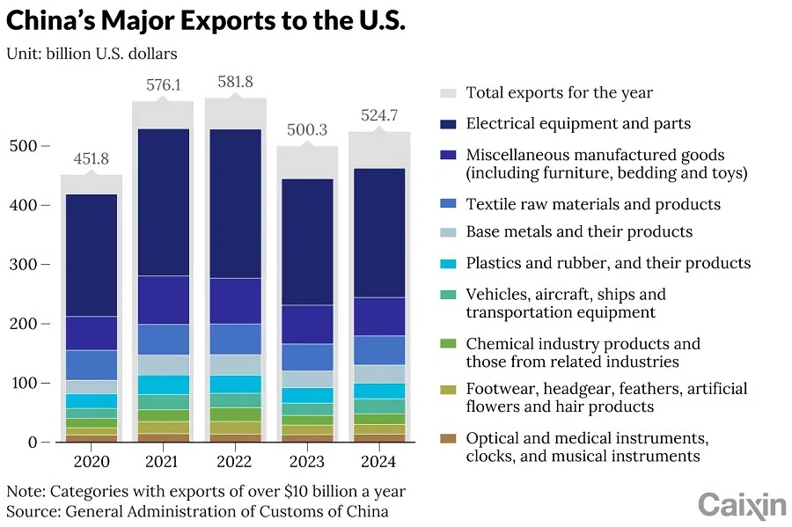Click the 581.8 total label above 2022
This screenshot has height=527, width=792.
[236, 82]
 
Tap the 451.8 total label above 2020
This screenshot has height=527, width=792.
[91, 158]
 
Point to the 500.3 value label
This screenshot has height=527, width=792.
[307, 130]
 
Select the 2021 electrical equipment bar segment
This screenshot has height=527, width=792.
[163, 202]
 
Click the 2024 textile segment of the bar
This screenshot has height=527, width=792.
[379, 350]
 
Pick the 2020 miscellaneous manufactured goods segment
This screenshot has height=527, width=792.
[91, 333]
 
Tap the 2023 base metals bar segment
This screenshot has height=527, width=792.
[307, 379]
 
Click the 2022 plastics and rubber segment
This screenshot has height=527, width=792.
[235, 384]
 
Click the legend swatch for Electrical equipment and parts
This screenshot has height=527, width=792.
[448, 124]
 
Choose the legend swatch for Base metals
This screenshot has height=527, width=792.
[448, 232]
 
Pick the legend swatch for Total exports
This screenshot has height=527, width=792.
[448, 93]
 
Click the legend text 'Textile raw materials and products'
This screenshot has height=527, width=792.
[593, 204]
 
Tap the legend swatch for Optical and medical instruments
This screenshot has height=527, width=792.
[448, 437]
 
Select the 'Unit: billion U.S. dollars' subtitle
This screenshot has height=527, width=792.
[92, 54]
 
